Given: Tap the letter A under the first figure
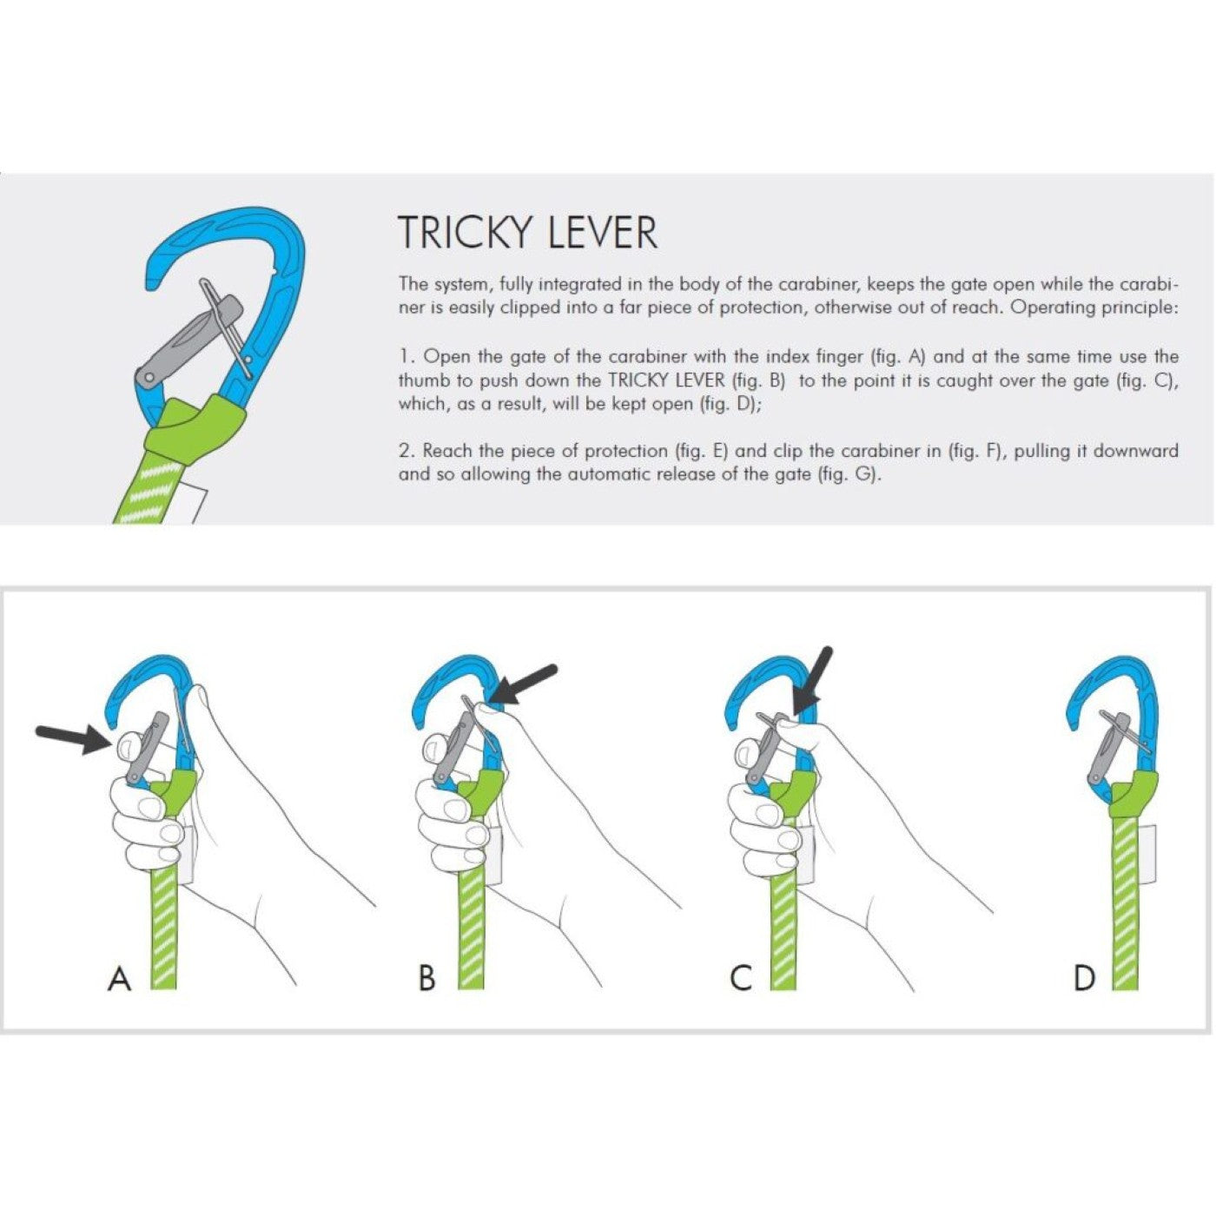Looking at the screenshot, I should point(119,979).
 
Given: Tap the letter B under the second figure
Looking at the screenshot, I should point(426,979).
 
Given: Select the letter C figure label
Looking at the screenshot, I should point(740,979).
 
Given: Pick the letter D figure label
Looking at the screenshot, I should point(1084,979).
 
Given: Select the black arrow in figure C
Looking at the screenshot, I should point(813,679).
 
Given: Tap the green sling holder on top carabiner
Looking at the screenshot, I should point(195,426).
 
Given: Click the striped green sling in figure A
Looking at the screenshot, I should point(163,929).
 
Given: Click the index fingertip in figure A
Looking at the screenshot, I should point(128,743).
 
